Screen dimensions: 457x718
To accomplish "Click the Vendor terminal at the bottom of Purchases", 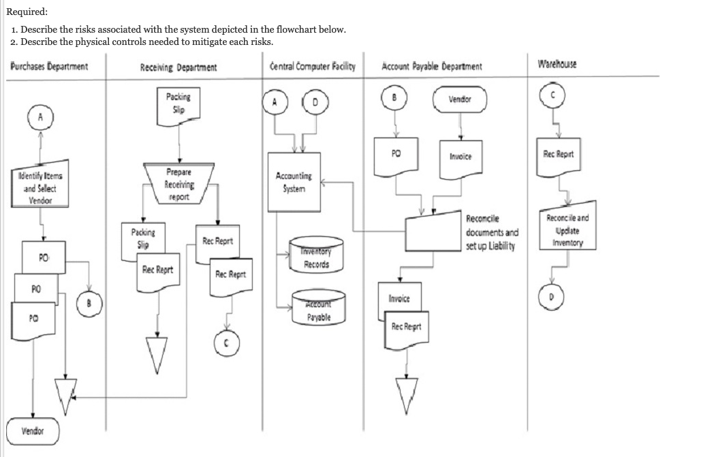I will pyautogui.click(x=32, y=430).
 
